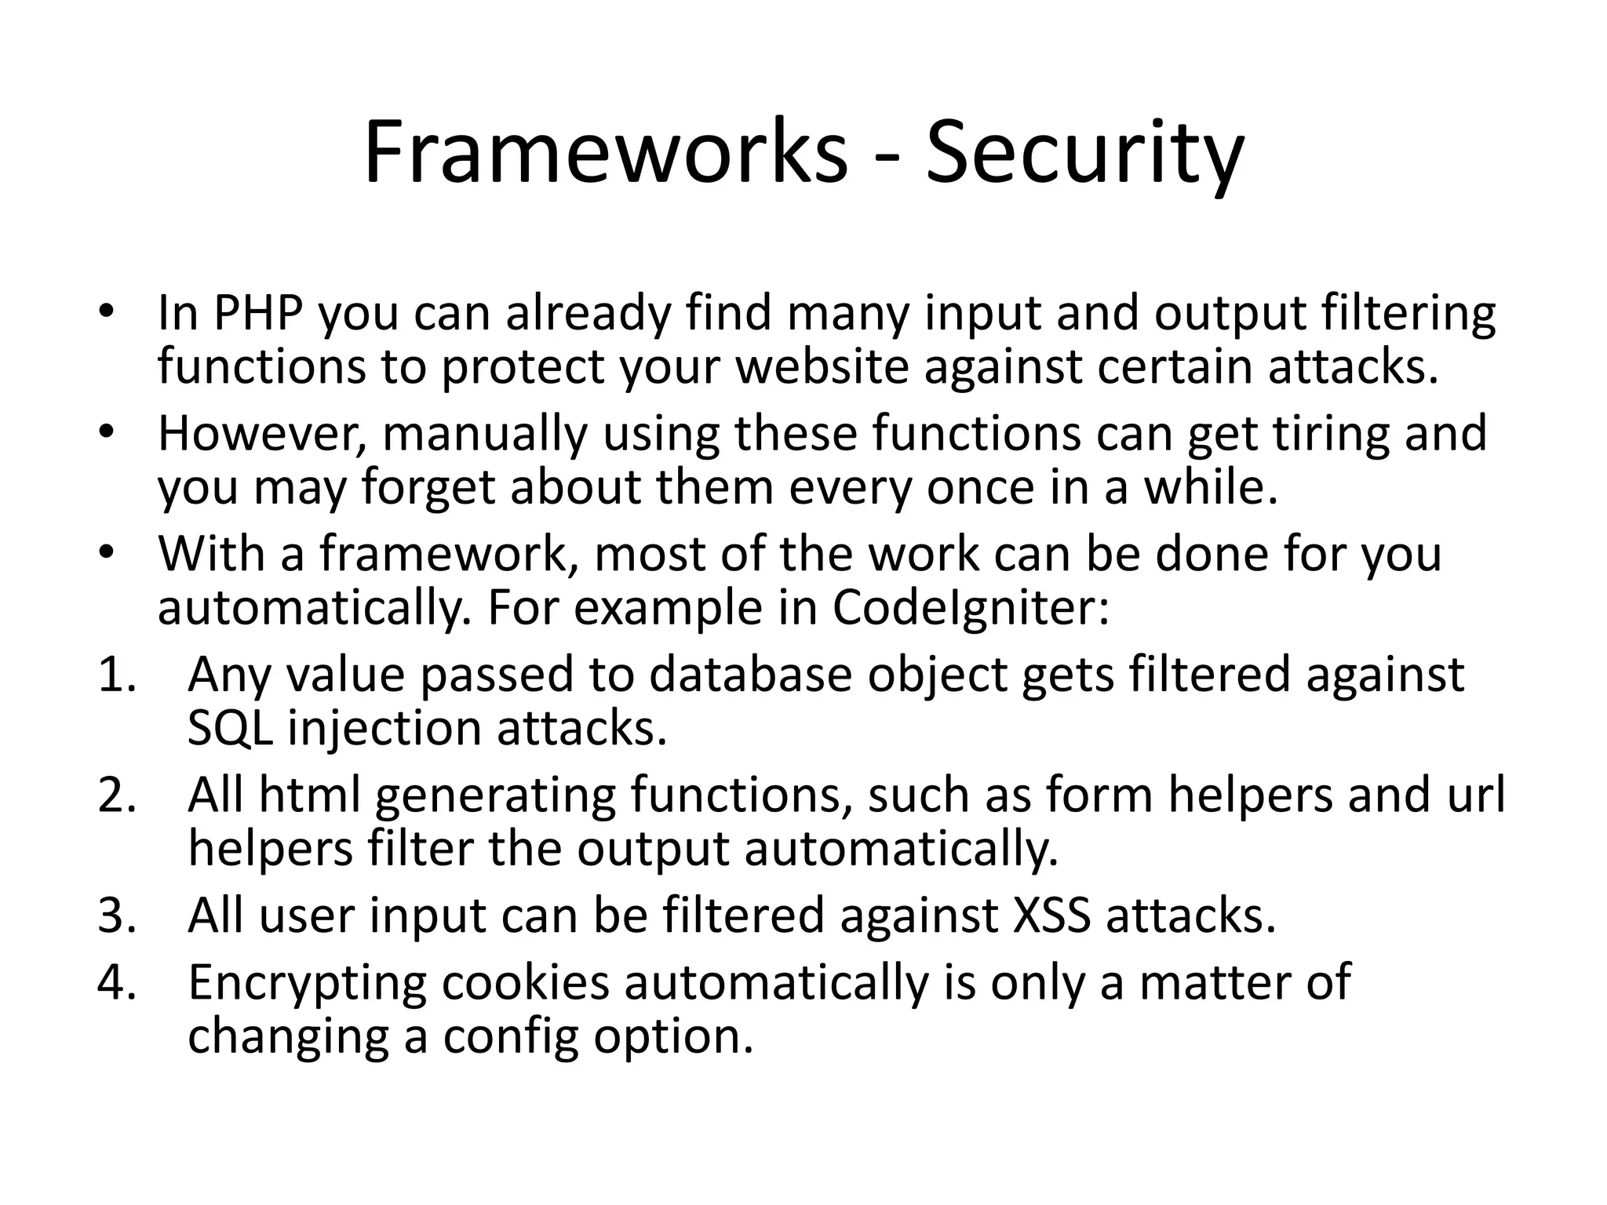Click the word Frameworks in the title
(605, 152)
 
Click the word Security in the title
(1084, 152)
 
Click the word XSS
(1051, 916)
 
